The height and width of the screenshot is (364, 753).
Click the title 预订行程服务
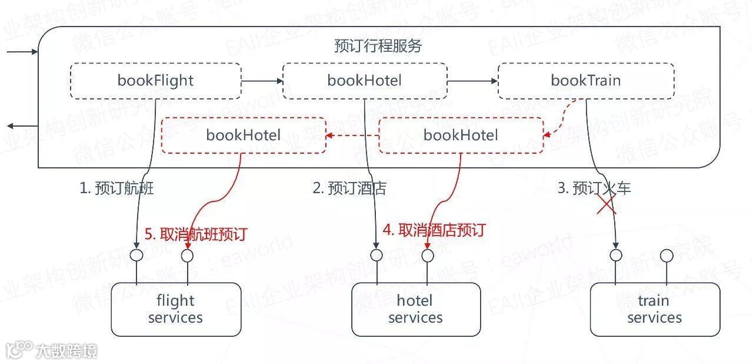pyautogui.click(x=378, y=46)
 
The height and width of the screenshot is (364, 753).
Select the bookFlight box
pyautogui.click(x=155, y=81)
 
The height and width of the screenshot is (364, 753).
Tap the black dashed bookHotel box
pyautogui.click(x=364, y=81)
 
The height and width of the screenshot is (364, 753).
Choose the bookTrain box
pyautogui.click(x=586, y=81)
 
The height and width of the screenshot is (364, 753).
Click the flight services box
pyautogui.click(x=176, y=309)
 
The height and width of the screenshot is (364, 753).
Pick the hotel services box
pyautogui.click(x=415, y=309)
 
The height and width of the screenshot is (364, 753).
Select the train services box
pyautogui.click(x=654, y=309)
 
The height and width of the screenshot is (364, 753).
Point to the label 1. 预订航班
pyautogui.click(x=116, y=188)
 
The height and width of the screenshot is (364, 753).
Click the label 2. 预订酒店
pyautogui.click(x=349, y=188)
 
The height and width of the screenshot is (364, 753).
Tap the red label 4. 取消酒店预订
pyautogui.click(x=434, y=230)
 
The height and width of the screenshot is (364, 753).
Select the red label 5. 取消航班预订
pyautogui.click(x=195, y=234)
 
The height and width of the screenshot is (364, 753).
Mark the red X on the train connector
pyautogui.click(x=607, y=204)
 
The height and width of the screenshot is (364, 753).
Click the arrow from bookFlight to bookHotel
pyautogui.click(x=261, y=81)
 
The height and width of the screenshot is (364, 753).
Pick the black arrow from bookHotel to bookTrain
pyautogui.click(x=472, y=81)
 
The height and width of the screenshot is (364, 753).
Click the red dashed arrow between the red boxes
pyautogui.click(x=352, y=135)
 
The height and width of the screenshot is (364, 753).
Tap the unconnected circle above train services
pyautogui.click(x=667, y=256)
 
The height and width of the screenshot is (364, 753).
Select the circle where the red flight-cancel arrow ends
pyautogui.click(x=187, y=256)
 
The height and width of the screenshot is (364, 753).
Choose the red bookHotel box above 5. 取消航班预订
pyautogui.click(x=244, y=135)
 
